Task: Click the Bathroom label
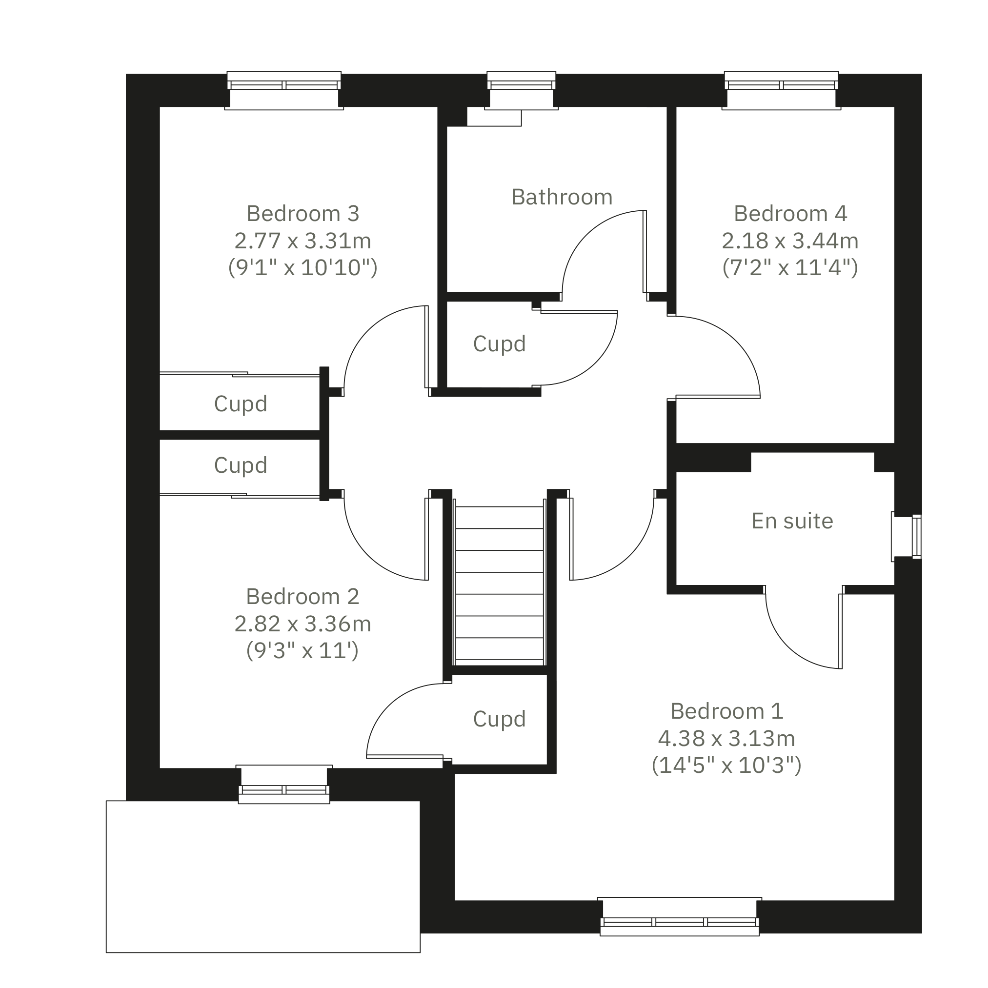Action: point(562,198)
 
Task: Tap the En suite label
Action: point(792,521)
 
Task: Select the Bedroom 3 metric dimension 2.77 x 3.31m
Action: point(302,241)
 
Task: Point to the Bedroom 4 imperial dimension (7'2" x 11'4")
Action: point(790,267)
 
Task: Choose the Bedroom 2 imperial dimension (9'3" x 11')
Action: point(302,650)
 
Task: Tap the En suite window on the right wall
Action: point(907,536)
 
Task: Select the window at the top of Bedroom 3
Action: point(284,91)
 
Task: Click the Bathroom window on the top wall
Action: point(521,91)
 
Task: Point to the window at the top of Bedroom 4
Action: point(782,91)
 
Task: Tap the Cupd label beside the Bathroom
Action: point(499,344)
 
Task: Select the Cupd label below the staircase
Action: point(499,720)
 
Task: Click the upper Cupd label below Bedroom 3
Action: point(241,404)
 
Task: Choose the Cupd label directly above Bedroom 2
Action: point(241,465)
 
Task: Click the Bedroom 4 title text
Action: point(790,214)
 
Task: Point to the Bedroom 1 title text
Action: point(726,711)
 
